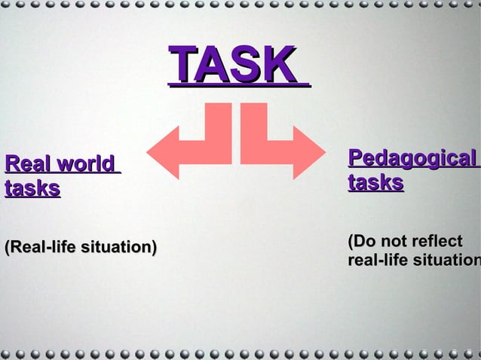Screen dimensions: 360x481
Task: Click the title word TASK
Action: [232, 65]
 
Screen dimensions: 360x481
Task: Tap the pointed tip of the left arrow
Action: [149, 152]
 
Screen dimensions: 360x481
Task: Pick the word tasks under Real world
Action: [32, 188]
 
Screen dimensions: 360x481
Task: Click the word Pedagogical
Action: [412, 159]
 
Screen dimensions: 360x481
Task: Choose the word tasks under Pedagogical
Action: [375, 183]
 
